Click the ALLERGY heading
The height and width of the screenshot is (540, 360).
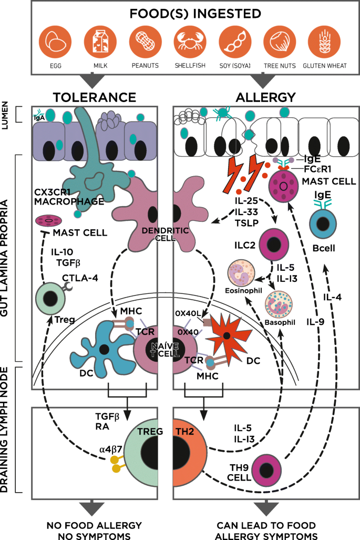coord(266,97)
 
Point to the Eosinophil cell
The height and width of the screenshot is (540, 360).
coord(241,274)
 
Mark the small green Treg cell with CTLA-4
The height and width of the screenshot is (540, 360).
coord(50,299)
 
